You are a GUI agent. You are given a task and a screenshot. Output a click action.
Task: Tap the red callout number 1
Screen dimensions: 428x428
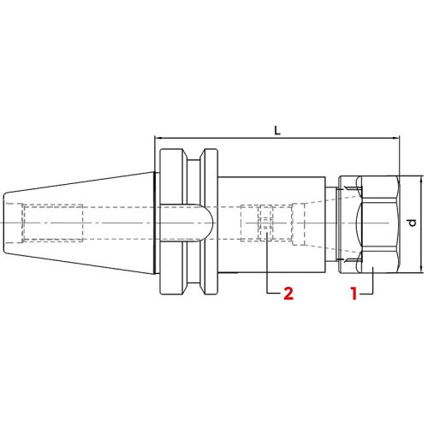click(352, 294)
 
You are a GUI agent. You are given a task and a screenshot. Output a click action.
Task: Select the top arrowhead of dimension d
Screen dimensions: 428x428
click(422, 180)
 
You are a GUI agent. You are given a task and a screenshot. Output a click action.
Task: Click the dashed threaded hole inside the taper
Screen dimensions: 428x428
click(51, 224)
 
